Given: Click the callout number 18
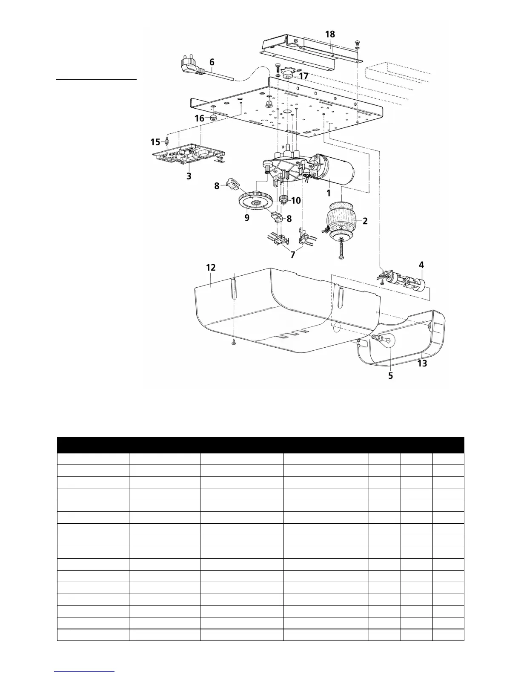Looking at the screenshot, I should [x=330, y=35].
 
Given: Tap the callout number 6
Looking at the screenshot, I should [x=212, y=62].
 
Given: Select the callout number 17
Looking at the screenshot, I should [x=303, y=76].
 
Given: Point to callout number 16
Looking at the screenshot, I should [x=199, y=119].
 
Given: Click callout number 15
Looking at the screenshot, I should [x=155, y=142].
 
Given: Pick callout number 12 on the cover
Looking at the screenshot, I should [x=211, y=268].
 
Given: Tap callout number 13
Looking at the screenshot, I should [x=422, y=363].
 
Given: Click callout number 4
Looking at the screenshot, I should [x=421, y=265].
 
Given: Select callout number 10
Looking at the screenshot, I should [x=295, y=200].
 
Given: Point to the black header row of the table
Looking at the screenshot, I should [x=260, y=444].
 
